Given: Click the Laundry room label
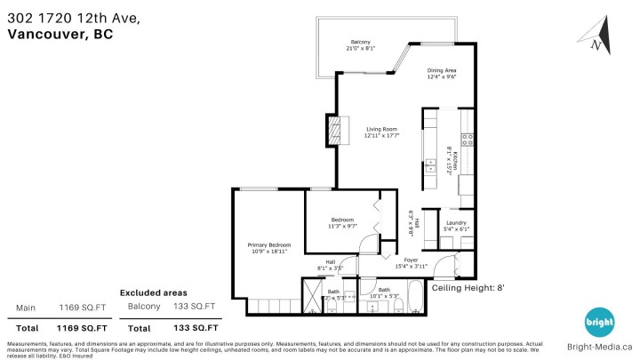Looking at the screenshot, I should coord(456,223).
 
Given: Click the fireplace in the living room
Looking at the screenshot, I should coord(334,131).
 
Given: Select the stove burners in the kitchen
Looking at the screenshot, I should coord(467,139).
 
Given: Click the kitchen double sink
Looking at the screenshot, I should coord(430,165).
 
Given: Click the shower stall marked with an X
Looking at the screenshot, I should coord(313,295).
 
